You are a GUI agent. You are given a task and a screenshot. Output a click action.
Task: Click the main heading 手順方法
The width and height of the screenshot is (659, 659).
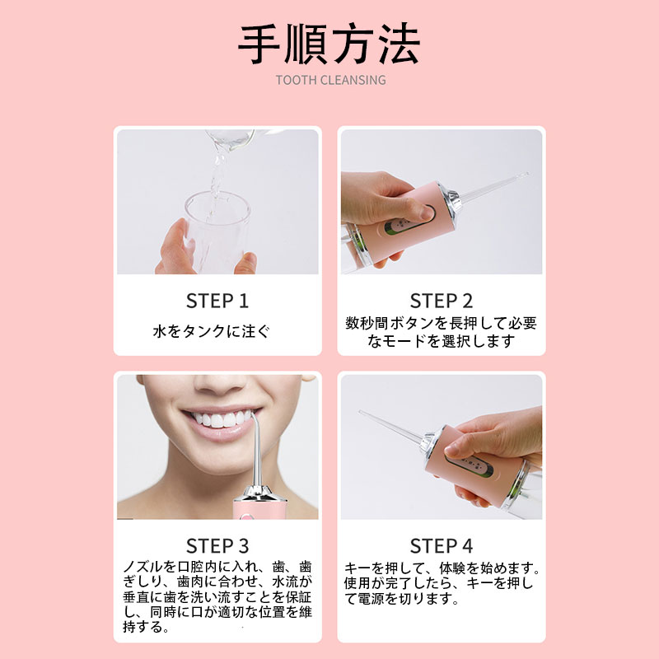pyautogui.click(x=329, y=44)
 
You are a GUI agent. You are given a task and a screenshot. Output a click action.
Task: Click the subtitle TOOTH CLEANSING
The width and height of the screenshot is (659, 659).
pyautogui.click(x=331, y=80)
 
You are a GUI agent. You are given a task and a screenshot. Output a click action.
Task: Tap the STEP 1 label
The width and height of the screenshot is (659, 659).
pyautogui.click(x=217, y=301)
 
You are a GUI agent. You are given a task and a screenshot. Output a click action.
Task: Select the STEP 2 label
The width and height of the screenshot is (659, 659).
pyautogui.click(x=442, y=301)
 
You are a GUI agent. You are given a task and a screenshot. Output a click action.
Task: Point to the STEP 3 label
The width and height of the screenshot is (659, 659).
pyautogui.click(x=217, y=546)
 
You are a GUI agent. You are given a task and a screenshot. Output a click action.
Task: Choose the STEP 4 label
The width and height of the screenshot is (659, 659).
pyautogui.click(x=442, y=546)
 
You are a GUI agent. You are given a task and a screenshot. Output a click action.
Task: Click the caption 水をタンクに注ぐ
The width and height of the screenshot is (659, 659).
pyautogui.click(x=211, y=331)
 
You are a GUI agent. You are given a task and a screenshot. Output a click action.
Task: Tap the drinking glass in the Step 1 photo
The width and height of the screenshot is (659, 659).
pyautogui.click(x=217, y=232)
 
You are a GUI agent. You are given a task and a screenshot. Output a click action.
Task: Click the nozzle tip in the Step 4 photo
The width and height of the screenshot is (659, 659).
pyautogui.click(x=362, y=413)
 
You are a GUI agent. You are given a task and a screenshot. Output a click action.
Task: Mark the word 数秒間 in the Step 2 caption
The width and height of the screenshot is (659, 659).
pyautogui.click(x=367, y=323)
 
